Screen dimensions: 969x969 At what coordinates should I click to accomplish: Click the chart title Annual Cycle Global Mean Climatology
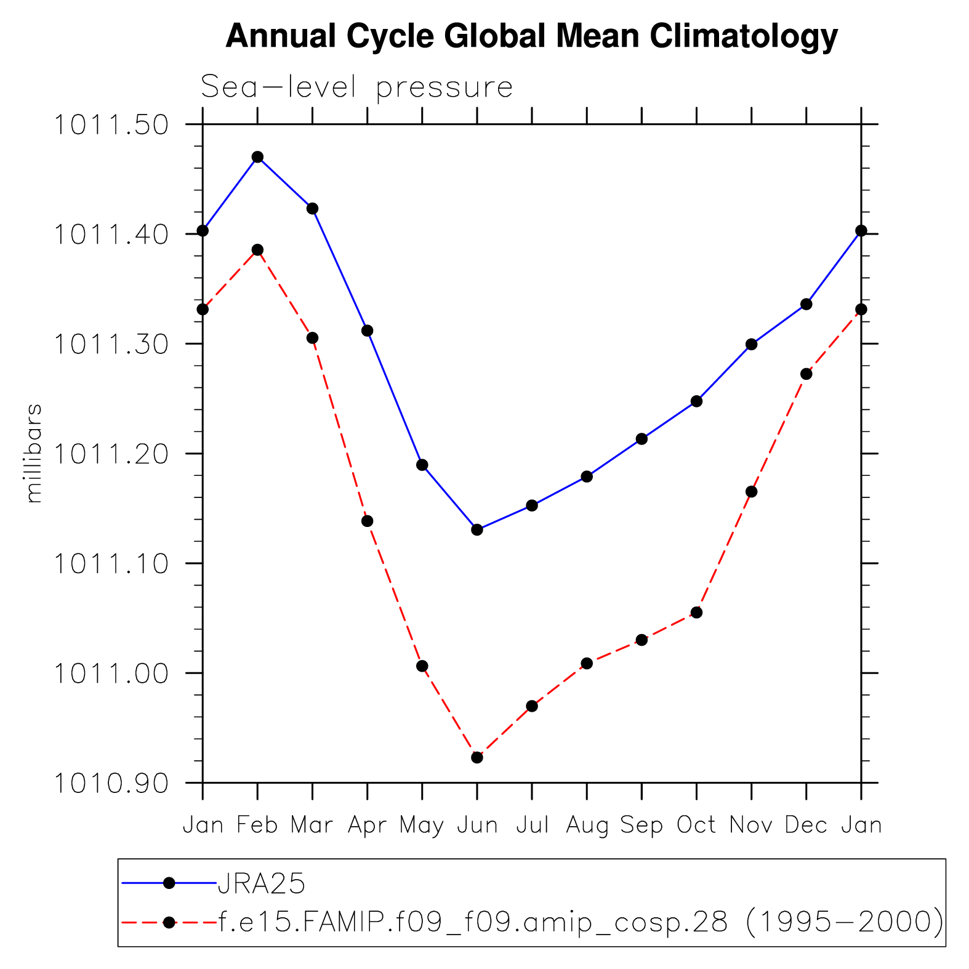point(531,36)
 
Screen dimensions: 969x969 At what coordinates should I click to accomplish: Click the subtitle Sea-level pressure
point(356,87)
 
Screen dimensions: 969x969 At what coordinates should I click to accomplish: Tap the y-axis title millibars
point(34,453)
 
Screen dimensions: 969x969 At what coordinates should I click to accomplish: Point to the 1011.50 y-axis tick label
point(111,125)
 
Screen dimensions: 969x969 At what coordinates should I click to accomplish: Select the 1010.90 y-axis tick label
point(111,783)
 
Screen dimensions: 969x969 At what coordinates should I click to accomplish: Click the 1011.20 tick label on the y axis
point(111,454)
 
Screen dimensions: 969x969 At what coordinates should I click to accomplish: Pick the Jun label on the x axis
point(477,825)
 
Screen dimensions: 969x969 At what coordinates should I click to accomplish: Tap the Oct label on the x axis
point(696,825)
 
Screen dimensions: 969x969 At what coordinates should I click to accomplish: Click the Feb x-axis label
point(257,825)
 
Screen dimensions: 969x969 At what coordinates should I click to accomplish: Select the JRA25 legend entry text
point(262,884)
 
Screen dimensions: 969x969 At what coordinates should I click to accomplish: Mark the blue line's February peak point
point(257,157)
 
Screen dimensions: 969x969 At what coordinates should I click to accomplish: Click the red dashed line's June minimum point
point(477,757)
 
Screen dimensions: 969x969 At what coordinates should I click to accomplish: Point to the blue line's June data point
point(477,529)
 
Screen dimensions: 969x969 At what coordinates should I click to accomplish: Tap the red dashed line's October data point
point(696,613)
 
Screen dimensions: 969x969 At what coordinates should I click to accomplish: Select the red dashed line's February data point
point(257,250)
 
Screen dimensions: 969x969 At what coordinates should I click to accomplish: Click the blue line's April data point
point(368,331)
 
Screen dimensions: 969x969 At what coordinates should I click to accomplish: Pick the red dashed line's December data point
point(806,374)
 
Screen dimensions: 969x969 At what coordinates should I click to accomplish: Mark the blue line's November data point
point(751,344)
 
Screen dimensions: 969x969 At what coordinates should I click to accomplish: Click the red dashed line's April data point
point(368,521)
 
